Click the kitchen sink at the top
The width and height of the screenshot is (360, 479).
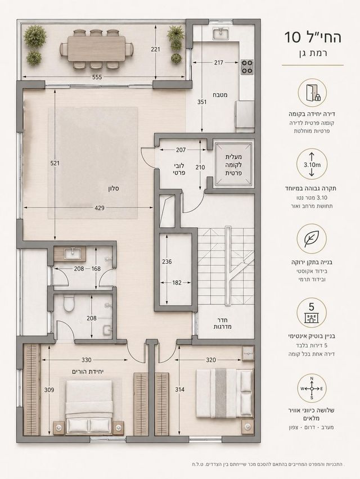point(220,33)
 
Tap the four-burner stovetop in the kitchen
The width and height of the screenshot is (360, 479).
point(247,67)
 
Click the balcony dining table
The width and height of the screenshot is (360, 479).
point(96,48)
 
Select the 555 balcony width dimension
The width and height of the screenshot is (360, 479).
point(97,77)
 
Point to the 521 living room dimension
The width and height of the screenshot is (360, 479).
point(55,163)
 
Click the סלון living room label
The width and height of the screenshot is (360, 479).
point(114,189)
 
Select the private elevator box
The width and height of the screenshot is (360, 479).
point(234,165)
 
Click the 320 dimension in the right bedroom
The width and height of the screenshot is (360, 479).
point(211,360)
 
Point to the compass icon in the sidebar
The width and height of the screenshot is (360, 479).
point(312,389)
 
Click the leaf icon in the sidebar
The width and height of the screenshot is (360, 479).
point(312,238)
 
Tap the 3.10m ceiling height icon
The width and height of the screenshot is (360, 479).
point(312,165)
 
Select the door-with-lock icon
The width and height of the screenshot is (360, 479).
point(312,93)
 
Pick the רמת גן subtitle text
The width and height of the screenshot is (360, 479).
point(312,53)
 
